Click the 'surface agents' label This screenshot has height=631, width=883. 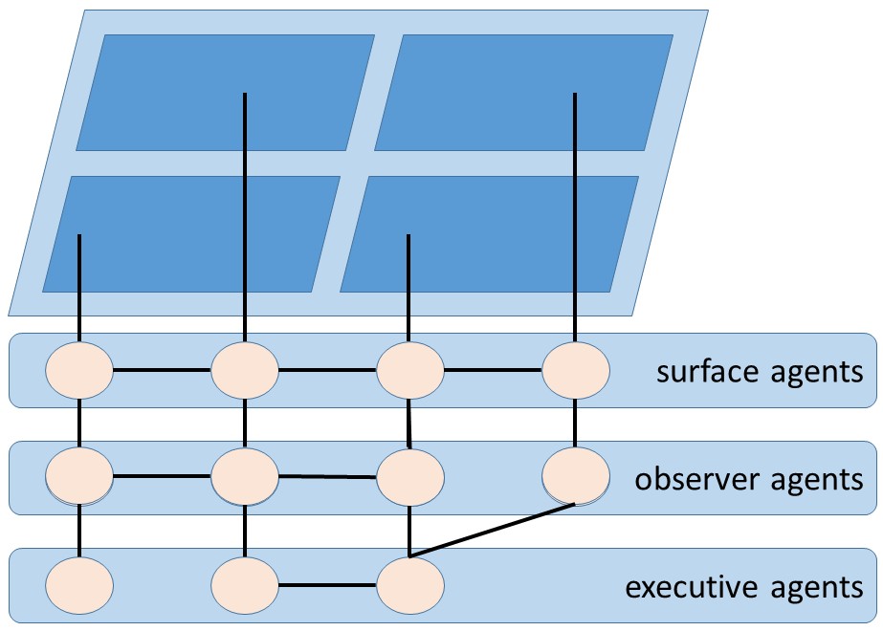pos(759,371)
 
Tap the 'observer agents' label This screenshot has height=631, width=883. pos(748,478)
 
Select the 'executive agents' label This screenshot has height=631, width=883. pos(743,585)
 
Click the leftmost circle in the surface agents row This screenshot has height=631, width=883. pos(79,370)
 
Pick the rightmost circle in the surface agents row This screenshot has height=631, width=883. pos(576,370)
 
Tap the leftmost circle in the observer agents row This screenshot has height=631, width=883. pos(79,474)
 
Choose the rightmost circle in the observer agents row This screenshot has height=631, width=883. pos(576,474)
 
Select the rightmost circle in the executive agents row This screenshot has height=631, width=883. pos(410,582)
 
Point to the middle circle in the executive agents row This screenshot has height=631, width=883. pos(245,582)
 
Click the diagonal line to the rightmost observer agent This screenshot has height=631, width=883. pos(493,530)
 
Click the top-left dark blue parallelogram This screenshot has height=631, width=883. pos(225,93)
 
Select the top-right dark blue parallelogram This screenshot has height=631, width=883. pos(523,93)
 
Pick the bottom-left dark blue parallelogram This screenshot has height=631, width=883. pos(191,234)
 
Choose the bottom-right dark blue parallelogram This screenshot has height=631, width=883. pos(489,234)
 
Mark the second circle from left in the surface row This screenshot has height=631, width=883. pos(245,370)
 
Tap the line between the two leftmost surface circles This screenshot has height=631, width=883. pos(162,369)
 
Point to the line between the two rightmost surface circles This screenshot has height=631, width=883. pos(493,370)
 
